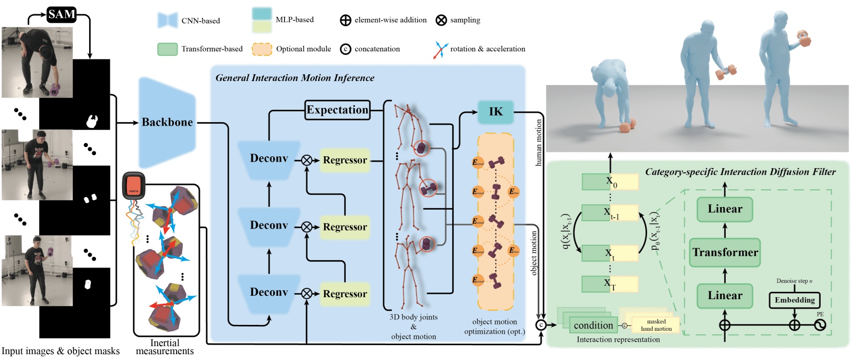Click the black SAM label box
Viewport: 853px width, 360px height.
click(61, 14)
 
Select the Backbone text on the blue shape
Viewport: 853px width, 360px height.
click(167, 122)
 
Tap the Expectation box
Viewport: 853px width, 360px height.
click(337, 110)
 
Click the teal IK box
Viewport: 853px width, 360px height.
click(495, 112)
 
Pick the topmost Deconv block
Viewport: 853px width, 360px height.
click(269, 159)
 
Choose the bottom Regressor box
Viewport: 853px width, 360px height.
click(345, 294)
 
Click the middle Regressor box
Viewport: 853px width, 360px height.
click(345, 227)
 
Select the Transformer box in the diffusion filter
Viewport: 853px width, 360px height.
click(725, 253)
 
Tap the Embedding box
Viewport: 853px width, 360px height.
click(794, 300)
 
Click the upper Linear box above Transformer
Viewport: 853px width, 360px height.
click(725, 209)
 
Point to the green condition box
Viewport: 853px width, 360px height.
click(593, 325)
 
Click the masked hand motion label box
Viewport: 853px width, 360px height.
click(656, 325)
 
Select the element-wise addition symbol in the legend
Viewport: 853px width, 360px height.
click(345, 20)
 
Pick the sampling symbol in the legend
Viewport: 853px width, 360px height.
click(441, 20)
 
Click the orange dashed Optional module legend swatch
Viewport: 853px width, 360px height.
click(262, 49)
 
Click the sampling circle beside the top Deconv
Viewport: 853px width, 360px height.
click(307, 160)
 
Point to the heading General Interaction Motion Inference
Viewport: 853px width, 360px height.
click(295, 78)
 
